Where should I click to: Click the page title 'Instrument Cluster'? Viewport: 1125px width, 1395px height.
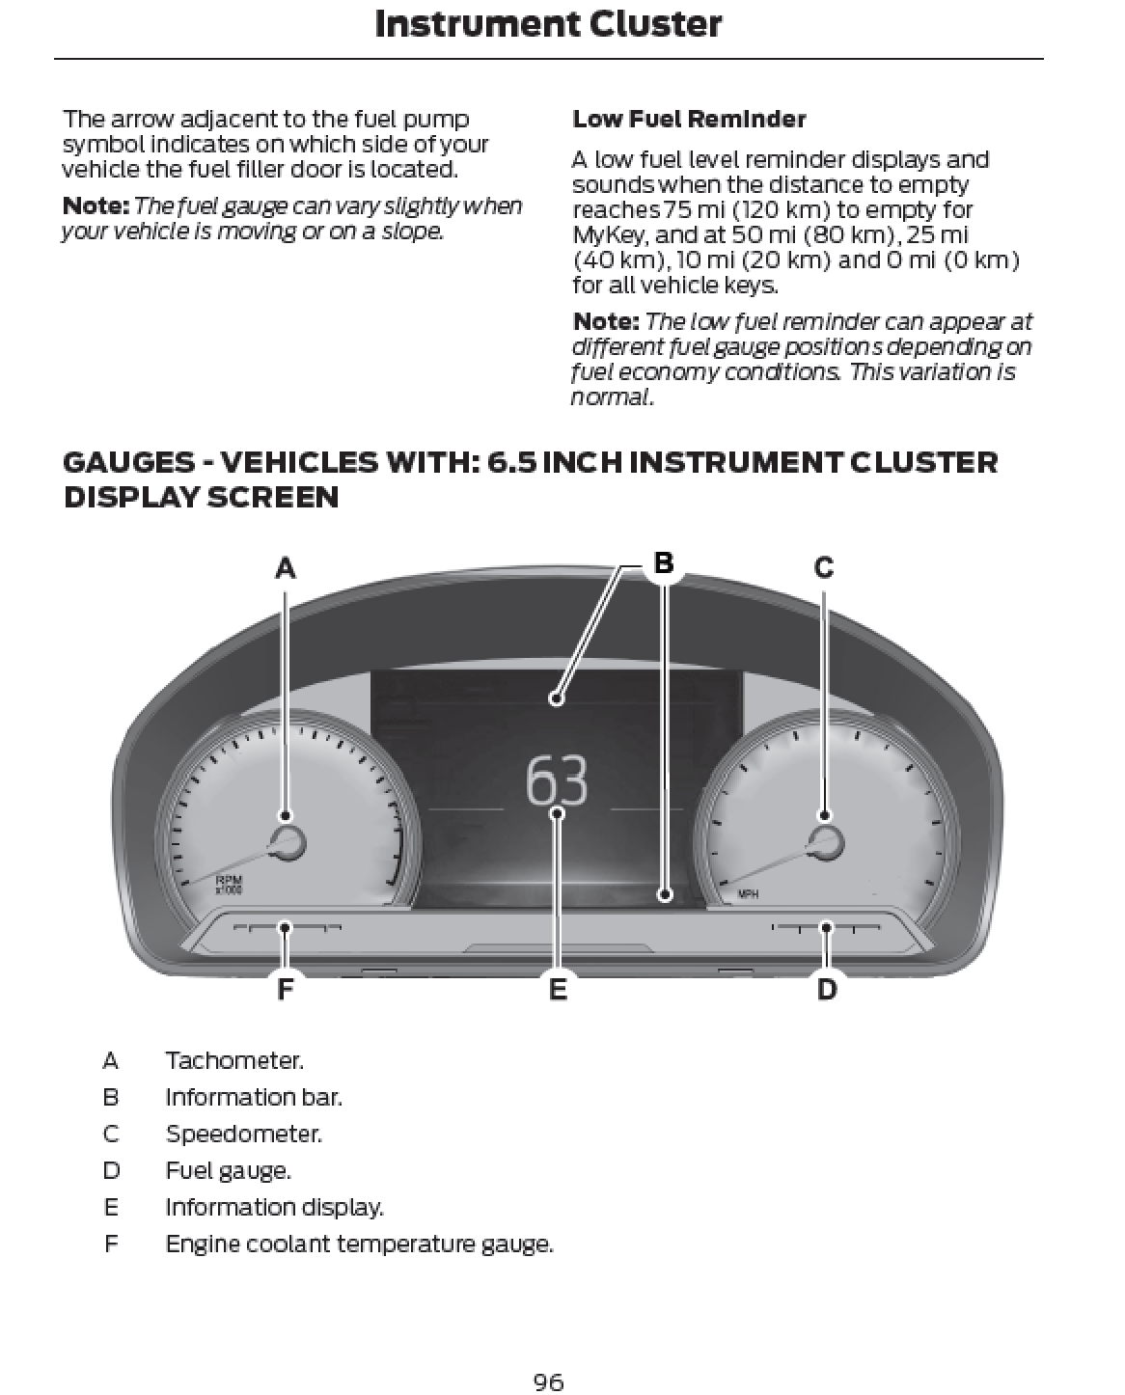(x=547, y=24)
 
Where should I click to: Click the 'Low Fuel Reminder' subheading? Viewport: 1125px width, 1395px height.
(x=689, y=120)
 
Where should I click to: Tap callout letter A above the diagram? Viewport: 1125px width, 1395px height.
(x=285, y=568)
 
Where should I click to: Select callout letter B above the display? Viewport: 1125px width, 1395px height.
(x=664, y=562)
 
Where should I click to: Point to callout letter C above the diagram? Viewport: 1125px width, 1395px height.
(x=824, y=567)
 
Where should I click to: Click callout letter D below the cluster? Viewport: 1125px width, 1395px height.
(x=827, y=989)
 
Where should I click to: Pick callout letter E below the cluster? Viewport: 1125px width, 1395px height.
(x=558, y=989)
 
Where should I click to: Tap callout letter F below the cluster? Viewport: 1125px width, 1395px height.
(x=285, y=989)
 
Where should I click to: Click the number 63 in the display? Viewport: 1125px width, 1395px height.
(x=557, y=781)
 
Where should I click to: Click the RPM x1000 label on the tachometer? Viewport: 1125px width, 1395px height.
(x=229, y=884)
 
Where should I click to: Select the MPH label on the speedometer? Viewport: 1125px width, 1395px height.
(x=748, y=894)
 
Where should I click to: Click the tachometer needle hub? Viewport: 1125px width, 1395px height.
(x=287, y=841)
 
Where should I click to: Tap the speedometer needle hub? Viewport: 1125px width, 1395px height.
(x=825, y=841)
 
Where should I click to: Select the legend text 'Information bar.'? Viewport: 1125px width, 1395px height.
(x=253, y=1098)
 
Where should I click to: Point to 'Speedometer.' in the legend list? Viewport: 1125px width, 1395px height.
(x=243, y=1135)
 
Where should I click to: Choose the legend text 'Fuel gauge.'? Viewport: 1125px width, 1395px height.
(x=228, y=1171)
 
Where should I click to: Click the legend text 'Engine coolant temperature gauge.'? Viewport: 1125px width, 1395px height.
(x=359, y=1245)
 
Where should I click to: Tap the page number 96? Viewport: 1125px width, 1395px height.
(x=548, y=1382)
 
